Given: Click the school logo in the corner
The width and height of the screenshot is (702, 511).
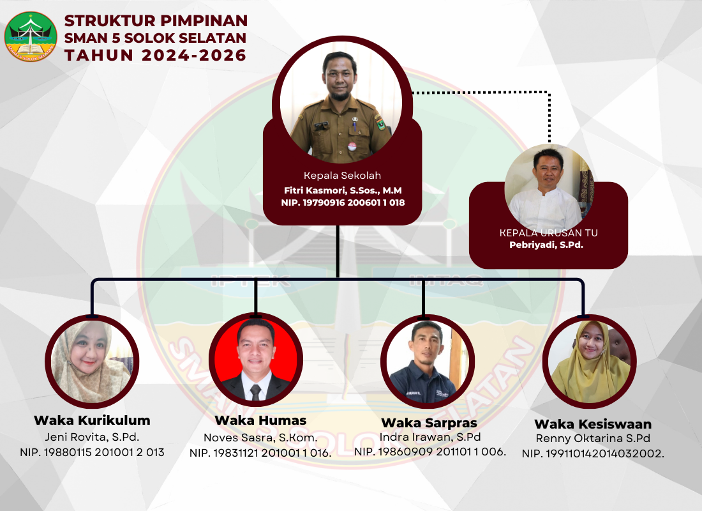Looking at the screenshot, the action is point(31,37).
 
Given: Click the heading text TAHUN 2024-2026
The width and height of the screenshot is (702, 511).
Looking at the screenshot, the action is point(155,55).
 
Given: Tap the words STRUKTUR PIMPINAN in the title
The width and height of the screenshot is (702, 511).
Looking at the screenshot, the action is point(156,20).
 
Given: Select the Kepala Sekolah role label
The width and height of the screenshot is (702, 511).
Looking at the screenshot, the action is point(342,175).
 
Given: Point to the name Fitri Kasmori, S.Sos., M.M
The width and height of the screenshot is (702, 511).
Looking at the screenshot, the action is point(343,190).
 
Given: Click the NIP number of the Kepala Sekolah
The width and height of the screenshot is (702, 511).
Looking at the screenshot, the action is point(343,202).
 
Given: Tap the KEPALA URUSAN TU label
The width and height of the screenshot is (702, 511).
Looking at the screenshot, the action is point(548,233).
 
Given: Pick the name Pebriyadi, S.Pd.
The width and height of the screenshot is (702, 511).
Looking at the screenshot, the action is point(546,245).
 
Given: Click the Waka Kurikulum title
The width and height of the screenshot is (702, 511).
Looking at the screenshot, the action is point(92,420).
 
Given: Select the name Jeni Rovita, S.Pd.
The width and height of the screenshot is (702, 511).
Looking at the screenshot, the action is point(92,437).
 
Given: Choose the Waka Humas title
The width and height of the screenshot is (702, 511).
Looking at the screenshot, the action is point(260,420).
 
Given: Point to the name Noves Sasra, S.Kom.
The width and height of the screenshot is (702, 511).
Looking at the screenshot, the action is point(260,438).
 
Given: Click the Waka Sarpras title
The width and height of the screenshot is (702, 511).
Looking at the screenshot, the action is point(429,423).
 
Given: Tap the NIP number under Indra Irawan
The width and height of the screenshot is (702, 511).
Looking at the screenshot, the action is point(429,452).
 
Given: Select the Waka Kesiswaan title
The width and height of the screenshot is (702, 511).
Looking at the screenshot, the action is point(593,424).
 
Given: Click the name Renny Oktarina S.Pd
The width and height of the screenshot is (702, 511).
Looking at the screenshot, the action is point(593,438).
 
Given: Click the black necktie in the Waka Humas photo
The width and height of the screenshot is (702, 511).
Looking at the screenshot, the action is point(256,392).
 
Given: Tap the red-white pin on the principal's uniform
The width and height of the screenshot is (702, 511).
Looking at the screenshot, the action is point(352,146).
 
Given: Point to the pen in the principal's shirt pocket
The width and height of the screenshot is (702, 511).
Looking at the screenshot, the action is point(354,124).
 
